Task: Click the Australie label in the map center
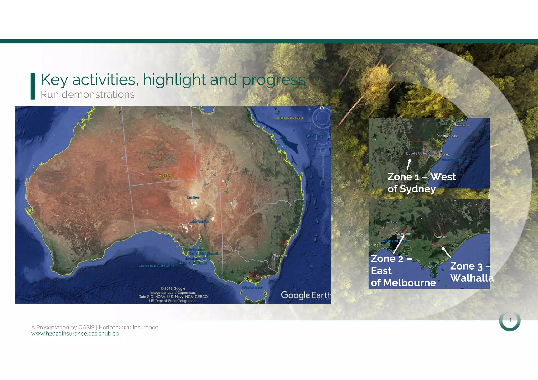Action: (165, 175)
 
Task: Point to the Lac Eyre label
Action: (193, 197)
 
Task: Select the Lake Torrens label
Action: (199, 221)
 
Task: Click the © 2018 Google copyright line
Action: (173, 288)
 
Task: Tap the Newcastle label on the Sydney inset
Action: (462, 125)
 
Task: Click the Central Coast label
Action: (448, 136)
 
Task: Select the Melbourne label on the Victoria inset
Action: (403, 234)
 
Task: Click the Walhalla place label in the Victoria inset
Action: (441, 237)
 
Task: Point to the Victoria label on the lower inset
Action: (392, 222)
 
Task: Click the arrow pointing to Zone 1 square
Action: (409, 164)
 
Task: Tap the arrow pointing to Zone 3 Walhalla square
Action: (446, 252)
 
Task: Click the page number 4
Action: (510, 320)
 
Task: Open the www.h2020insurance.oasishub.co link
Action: (75, 334)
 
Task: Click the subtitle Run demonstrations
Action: (87, 94)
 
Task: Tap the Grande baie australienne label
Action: (156, 266)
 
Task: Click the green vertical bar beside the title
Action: (33, 86)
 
